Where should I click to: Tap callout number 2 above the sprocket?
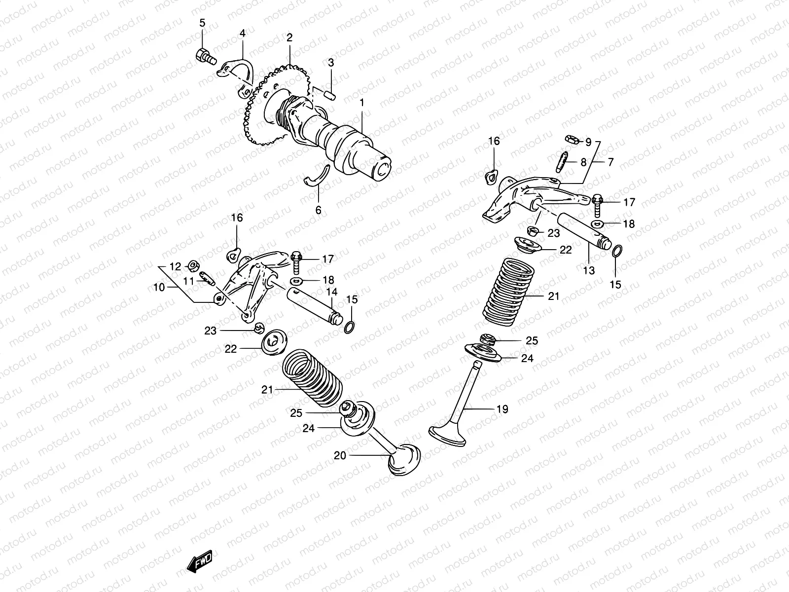(x=289, y=37)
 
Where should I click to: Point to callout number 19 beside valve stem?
(x=502, y=409)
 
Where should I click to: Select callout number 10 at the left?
(x=159, y=287)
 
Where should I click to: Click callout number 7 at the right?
(x=610, y=162)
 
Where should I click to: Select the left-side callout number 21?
(x=267, y=390)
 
